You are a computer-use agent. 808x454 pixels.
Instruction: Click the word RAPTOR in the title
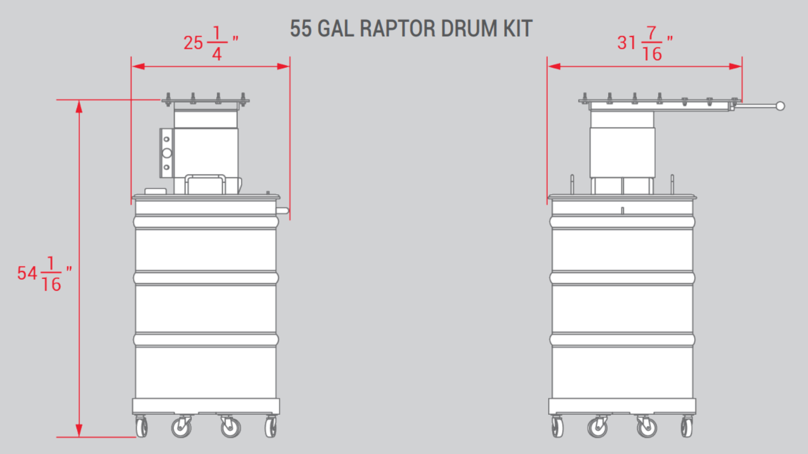[397, 29]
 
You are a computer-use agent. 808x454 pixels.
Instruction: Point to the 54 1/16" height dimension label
[44, 274]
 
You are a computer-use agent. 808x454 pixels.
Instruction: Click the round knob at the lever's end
[780, 106]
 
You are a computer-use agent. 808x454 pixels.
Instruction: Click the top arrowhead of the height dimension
[79, 107]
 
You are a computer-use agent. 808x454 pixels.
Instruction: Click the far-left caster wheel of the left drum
[141, 427]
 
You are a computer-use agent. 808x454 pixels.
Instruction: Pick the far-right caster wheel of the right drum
[687, 427]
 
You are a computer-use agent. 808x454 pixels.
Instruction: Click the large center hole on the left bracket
[167, 153]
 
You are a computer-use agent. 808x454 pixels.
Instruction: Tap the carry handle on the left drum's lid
[205, 184]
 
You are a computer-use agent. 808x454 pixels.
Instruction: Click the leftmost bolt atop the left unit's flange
[168, 99]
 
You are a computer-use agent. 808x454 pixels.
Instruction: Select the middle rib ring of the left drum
[206, 278]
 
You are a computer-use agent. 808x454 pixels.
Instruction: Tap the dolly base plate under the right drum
[622, 406]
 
